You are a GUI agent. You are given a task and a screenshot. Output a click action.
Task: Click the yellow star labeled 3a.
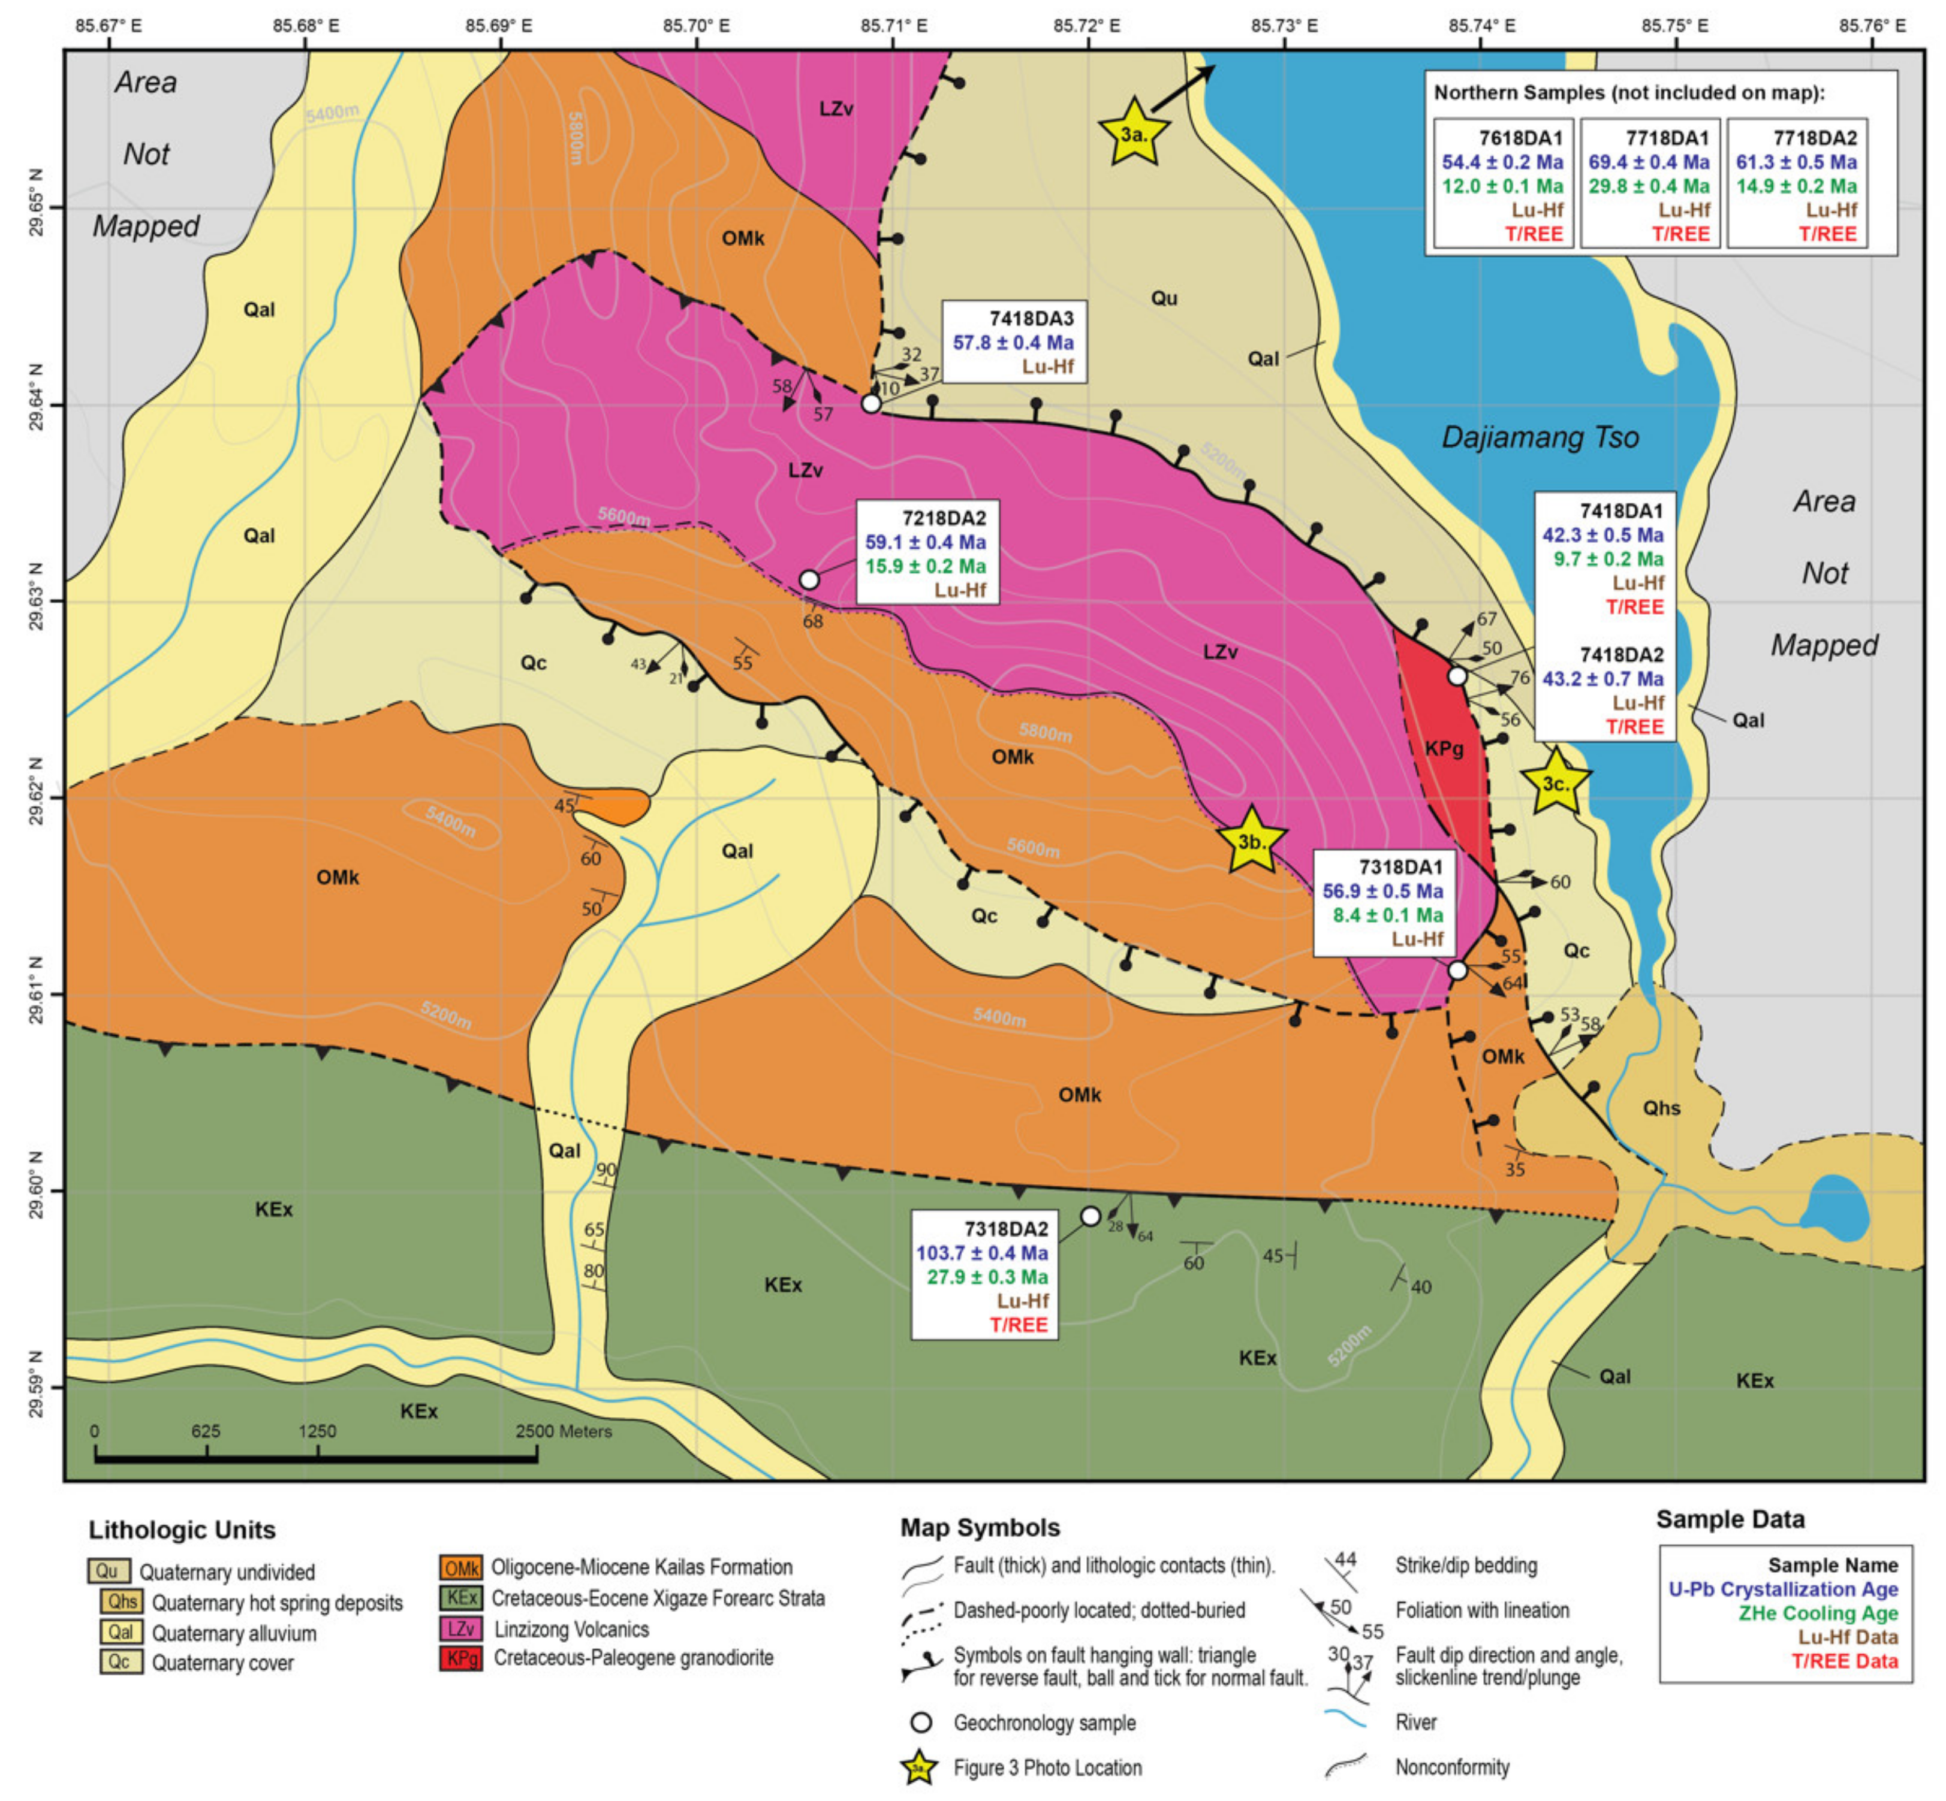pos(1134,134)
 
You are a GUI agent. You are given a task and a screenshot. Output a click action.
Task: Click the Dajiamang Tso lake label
pos(1540,437)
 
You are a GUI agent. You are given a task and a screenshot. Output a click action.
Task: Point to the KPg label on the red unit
pos(1444,748)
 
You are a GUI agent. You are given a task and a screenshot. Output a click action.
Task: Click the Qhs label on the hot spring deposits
pos(1661,1108)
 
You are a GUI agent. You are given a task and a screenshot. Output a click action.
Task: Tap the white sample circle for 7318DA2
pos(1091,1216)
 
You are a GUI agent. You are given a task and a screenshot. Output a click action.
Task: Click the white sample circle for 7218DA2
pos(809,580)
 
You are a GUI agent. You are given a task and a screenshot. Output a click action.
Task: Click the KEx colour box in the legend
pos(460,1598)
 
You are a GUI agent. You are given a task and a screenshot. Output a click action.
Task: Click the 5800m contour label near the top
pos(574,138)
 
